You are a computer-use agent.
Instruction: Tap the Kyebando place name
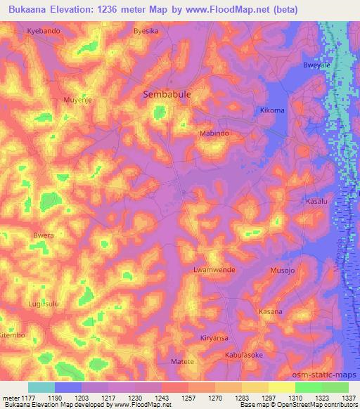(44, 32)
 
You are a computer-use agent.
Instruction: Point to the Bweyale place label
(317, 65)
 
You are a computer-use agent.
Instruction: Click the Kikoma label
(272, 110)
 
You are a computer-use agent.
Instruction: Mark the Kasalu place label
(317, 202)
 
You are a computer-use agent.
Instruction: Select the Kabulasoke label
(244, 356)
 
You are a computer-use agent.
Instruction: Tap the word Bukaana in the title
(30, 10)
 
